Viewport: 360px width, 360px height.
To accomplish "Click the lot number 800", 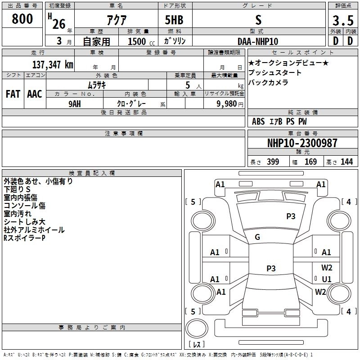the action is (22, 18).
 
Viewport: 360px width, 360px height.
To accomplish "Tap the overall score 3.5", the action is (343, 20).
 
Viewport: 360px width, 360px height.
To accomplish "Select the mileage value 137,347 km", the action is (53, 64).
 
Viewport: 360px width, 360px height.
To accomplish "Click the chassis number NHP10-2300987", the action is (302, 143).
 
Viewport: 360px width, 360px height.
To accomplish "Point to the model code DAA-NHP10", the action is (258, 41).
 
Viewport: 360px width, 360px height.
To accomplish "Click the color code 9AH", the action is (75, 104).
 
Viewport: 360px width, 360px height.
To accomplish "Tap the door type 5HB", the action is (174, 20).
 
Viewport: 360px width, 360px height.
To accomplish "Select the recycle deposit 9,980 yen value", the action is (230, 103).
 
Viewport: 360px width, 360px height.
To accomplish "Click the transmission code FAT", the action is (13, 94).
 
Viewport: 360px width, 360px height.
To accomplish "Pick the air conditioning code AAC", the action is (35, 94).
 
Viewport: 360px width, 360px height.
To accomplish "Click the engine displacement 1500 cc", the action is (141, 41).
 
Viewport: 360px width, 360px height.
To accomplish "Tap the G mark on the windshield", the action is (257, 237).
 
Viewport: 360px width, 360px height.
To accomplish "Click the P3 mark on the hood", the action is (291, 216).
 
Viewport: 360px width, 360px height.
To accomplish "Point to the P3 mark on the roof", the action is (271, 268).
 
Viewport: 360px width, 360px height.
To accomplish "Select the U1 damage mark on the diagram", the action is (327, 279).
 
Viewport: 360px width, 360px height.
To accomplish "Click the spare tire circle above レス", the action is (197, 328).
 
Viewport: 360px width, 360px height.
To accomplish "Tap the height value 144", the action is (346, 162).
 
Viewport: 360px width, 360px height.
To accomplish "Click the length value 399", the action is (273, 162).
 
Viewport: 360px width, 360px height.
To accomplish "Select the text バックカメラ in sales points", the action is (268, 82).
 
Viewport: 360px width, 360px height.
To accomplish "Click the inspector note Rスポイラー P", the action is (24, 238).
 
